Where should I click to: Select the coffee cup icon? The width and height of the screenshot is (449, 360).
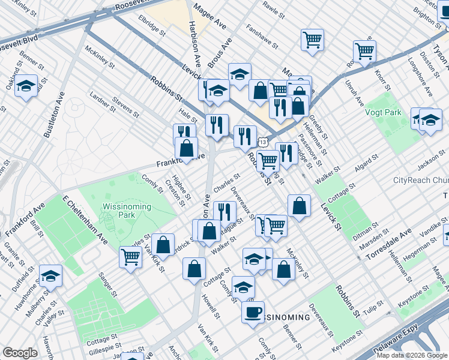click(x=253, y=312)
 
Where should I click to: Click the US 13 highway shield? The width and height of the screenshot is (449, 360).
click(x=262, y=141)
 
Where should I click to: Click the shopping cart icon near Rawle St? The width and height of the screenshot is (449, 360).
click(x=313, y=40)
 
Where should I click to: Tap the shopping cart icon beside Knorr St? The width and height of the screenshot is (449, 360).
click(x=364, y=51)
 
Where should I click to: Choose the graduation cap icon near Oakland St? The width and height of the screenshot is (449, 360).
click(x=26, y=85)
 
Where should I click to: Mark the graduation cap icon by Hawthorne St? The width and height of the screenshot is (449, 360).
click(x=50, y=276)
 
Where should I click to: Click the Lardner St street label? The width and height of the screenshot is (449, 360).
click(x=101, y=102)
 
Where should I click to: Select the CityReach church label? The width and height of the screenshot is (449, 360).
click(x=420, y=180)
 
